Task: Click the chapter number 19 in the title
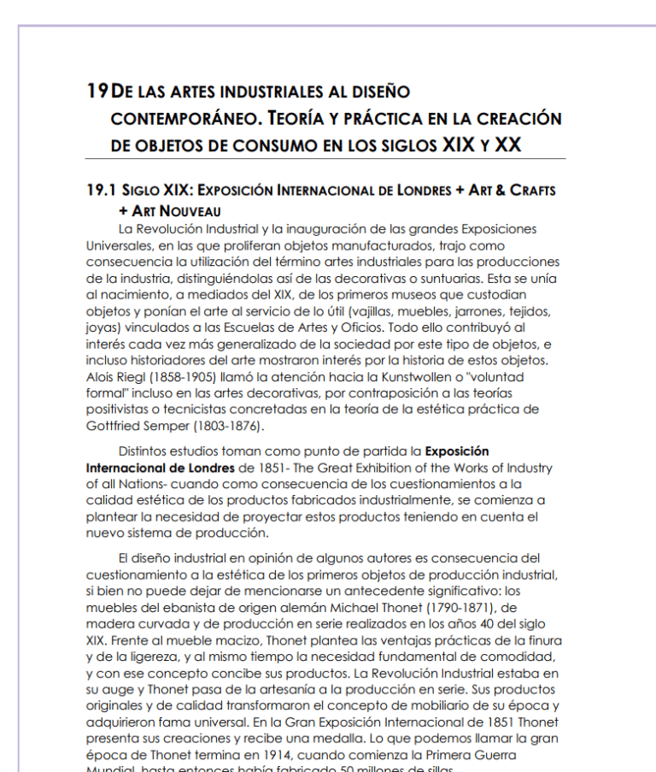(x=97, y=91)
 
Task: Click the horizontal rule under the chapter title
(x=325, y=160)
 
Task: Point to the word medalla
(x=323, y=738)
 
